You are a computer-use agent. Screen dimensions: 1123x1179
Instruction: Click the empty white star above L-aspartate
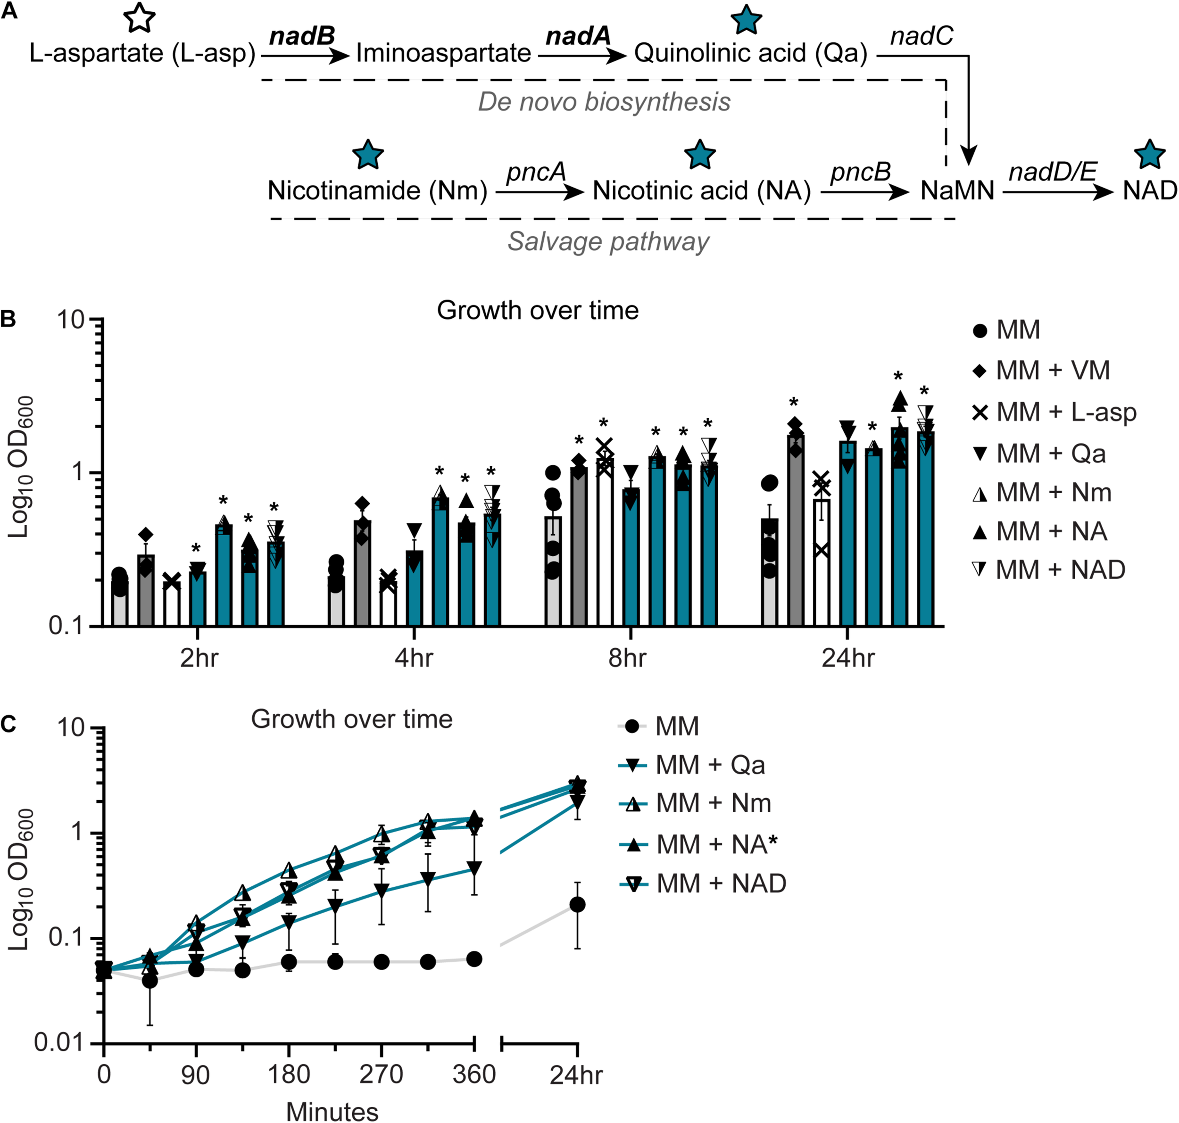click(x=139, y=17)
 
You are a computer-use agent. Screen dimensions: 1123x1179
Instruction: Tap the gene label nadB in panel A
click(x=302, y=36)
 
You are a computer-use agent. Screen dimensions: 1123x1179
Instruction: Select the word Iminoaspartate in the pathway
click(x=443, y=53)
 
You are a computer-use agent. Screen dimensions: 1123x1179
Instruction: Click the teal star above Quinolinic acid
click(x=746, y=20)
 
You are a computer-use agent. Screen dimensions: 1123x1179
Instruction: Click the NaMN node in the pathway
click(x=957, y=191)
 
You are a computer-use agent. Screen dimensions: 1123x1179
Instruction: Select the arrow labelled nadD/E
click(x=1057, y=192)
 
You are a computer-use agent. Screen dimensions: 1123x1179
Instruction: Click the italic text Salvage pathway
click(x=608, y=242)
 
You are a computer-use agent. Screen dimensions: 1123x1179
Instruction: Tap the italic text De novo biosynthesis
click(x=604, y=102)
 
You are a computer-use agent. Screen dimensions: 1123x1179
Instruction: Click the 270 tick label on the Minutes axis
click(x=381, y=1074)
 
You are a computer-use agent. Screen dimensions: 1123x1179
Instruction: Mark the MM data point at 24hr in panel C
click(x=577, y=905)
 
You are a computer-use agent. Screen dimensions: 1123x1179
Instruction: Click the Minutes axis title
click(x=332, y=1111)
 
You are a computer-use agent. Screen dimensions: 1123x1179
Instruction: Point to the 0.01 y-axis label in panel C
click(x=58, y=1043)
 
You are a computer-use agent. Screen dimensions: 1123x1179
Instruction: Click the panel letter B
click(x=8, y=320)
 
